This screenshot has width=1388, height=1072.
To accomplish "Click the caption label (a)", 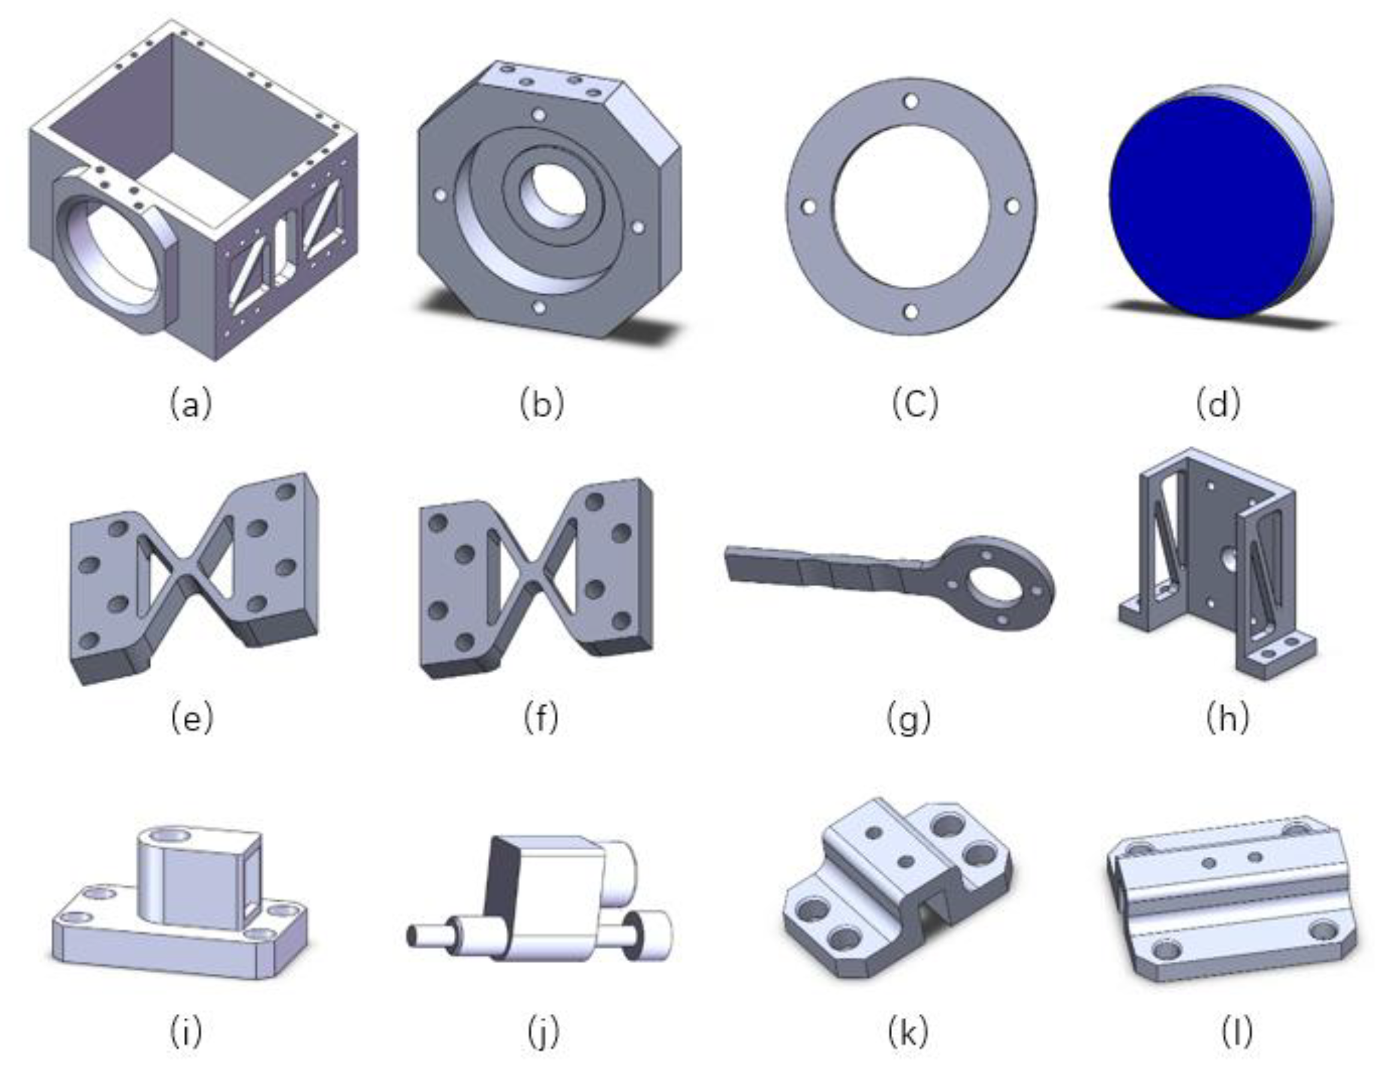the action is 191,404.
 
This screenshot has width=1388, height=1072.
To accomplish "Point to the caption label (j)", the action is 543,1032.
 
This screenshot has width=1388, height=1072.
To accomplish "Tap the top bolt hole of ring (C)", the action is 911,100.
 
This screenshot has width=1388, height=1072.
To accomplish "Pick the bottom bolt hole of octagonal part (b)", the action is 539,308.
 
